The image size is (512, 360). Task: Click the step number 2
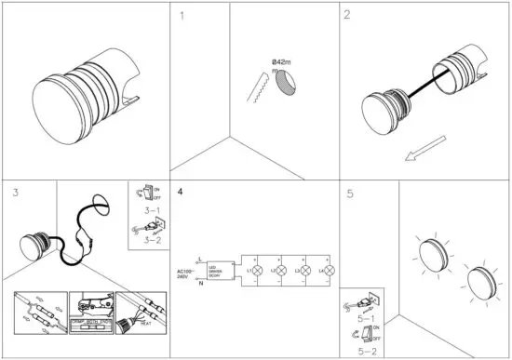pyautogui.click(x=347, y=16)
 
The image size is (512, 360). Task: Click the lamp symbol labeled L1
pyautogui.click(x=260, y=270)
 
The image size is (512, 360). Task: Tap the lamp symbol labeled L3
pyautogui.click(x=304, y=270)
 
